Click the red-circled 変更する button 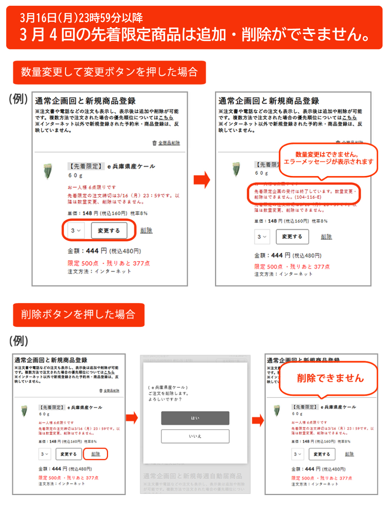(x=108, y=230)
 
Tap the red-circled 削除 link (x=95, y=454)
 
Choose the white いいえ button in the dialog (x=195, y=436)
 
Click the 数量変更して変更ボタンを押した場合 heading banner (x=109, y=72)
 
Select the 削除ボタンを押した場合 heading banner (x=78, y=314)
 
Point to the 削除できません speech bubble (x=330, y=378)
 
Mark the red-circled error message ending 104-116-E (x=304, y=194)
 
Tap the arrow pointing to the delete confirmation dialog (x=132, y=418)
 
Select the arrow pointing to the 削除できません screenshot (x=258, y=420)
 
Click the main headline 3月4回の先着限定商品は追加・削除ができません (x=195, y=34)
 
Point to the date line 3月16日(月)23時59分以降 (x=81, y=18)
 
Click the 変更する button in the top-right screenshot (x=292, y=237)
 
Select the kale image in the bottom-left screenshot (x=24, y=411)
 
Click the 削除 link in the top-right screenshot (x=326, y=237)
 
